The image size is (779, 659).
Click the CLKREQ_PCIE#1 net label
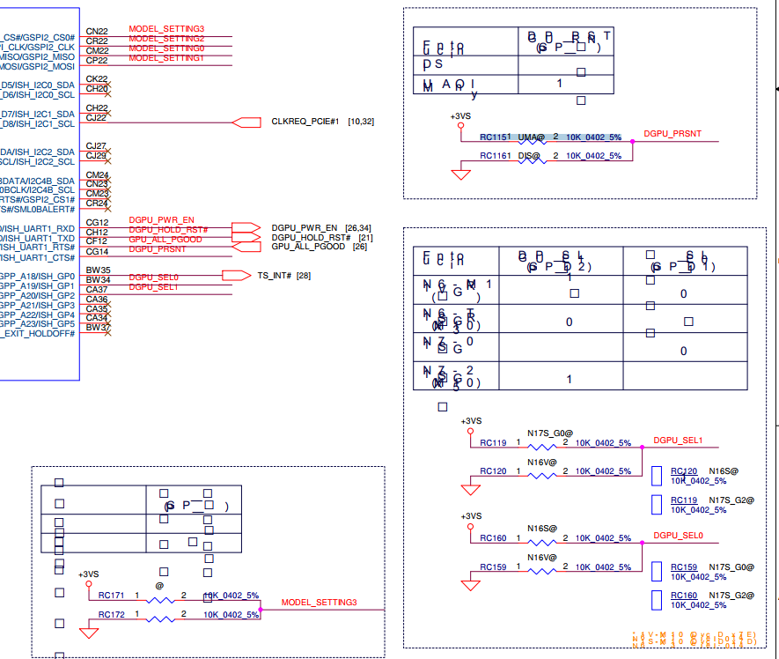[305, 121]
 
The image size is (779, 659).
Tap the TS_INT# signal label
[276, 276]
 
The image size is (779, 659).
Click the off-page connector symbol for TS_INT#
[236, 276]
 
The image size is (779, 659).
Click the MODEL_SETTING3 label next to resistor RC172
[319, 603]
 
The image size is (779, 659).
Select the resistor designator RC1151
[495, 137]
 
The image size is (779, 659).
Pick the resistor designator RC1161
[495, 156]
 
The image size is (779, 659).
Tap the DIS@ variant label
[530, 156]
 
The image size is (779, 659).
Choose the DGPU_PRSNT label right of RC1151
[672, 134]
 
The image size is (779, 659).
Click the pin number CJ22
[96, 117]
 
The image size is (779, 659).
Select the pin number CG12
[97, 222]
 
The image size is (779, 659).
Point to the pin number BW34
[97, 280]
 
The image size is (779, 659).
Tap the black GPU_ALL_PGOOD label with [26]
[307, 247]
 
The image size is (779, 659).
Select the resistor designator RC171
[111, 596]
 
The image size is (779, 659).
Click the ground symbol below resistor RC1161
[460, 174]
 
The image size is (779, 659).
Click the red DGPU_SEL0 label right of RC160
[678, 535]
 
